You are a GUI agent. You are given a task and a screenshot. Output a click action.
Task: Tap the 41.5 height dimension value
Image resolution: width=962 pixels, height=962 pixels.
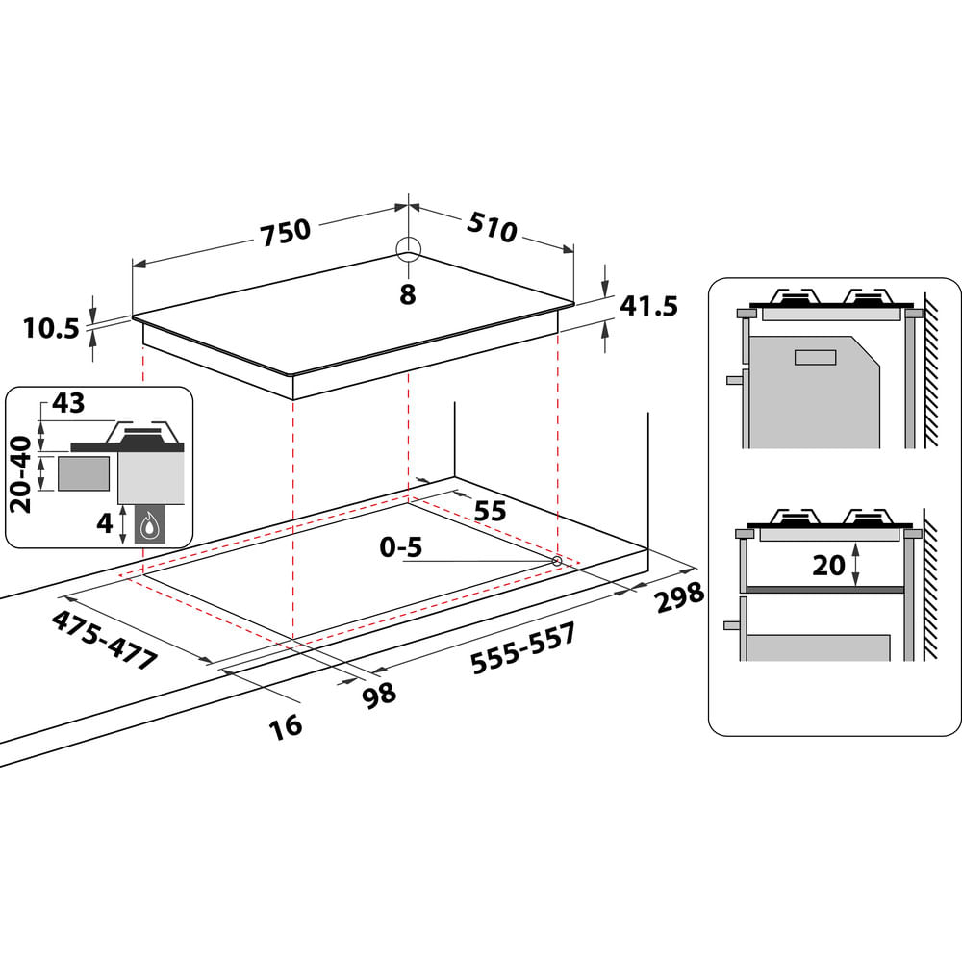(x=649, y=306)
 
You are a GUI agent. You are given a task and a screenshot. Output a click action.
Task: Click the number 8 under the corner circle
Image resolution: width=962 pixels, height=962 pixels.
(x=408, y=295)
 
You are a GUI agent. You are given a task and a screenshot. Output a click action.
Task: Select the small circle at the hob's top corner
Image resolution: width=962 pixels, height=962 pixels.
(x=408, y=248)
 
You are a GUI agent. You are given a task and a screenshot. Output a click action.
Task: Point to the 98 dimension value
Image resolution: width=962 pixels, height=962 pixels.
(x=381, y=693)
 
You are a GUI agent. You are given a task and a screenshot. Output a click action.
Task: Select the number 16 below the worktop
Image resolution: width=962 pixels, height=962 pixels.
(x=287, y=724)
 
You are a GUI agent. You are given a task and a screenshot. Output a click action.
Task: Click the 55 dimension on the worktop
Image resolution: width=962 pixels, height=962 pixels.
(x=490, y=511)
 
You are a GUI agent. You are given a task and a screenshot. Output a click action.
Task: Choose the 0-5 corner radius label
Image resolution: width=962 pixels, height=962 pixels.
(x=400, y=548)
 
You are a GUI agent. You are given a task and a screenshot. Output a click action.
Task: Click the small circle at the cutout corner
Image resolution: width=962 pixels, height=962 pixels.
(x=557, y=560)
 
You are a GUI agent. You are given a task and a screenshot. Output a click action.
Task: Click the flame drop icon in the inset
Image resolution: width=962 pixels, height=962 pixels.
(x=149, y=525)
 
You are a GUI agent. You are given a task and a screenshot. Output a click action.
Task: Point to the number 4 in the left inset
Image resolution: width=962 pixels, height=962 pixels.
(x=106, y=525)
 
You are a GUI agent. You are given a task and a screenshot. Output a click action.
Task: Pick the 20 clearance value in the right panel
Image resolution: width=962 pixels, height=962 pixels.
(x=827, y=566)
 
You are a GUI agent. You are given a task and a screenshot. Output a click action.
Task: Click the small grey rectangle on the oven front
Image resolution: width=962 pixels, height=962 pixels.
(x=815, y=358)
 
